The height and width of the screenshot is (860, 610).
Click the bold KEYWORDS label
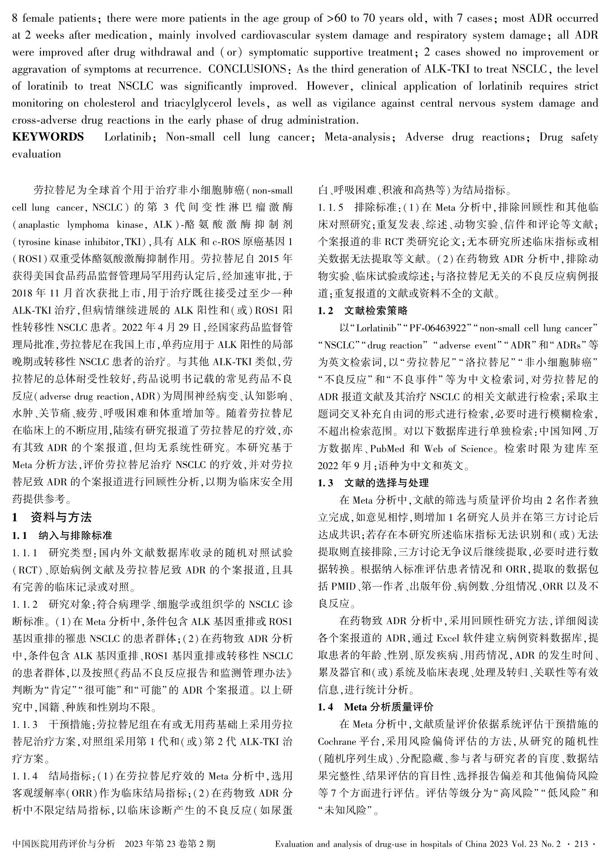pyautogui.click(x=48, y=137)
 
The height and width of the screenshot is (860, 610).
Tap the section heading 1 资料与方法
pyautogui.click(x=52, y=517)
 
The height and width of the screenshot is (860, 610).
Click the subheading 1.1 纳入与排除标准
pyautogui.click(x=62, y=536)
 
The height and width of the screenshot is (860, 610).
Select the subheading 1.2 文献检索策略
pyautogui.click(x=363, y=310)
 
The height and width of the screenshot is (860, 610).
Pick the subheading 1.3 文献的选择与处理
pyautogui.click(x=373, y=483)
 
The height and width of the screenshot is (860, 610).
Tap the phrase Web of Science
pyautogui.click(x=453, y=448)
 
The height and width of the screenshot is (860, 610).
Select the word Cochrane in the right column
pyautogui.click(x=338, y=742)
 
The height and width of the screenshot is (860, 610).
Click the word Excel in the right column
pyautogui.click(x=451, y=638)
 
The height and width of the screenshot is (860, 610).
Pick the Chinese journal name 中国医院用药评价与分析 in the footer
pyautogui.click(x=64, y=844)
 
